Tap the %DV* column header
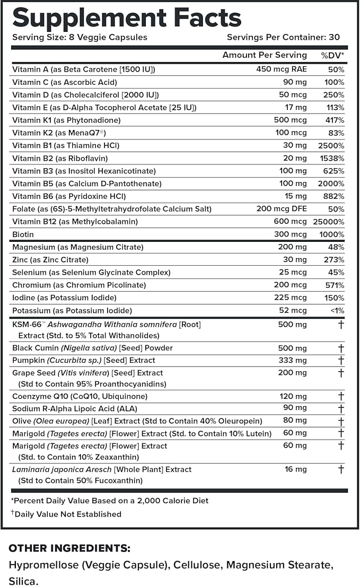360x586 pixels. point(332,55)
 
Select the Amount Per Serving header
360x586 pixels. point(265,55)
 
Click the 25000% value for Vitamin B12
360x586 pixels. point(330,222)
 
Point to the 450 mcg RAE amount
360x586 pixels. point(282,69)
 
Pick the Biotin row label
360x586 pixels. point(23,234)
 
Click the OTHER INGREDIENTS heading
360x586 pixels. point(69,548)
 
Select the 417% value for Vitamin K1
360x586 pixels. point(335,120)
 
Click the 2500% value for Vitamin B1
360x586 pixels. point(332,145)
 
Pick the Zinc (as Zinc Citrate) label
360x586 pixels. point(50,260)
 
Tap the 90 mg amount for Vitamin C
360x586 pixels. point(294,82)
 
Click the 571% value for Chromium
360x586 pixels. point(335,285)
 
